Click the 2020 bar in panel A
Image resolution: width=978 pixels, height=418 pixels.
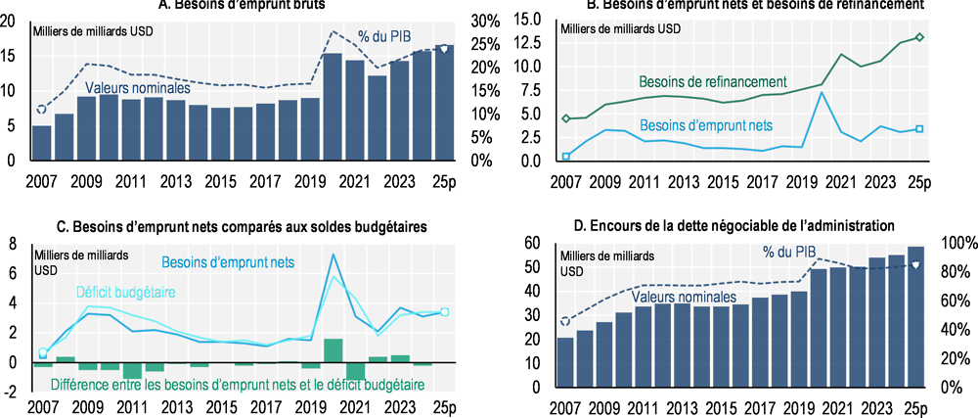[x=333, y=107]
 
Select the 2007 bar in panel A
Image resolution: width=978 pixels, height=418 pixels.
[x=42, y=143]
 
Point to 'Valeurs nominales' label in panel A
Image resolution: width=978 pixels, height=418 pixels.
[x=137, y=88]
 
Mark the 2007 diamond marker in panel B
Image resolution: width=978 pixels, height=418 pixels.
[x=565, y=118]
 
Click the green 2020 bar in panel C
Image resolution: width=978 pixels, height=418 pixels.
[x=333, y=350]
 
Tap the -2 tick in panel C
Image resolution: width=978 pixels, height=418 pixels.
[x=13, y=393]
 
